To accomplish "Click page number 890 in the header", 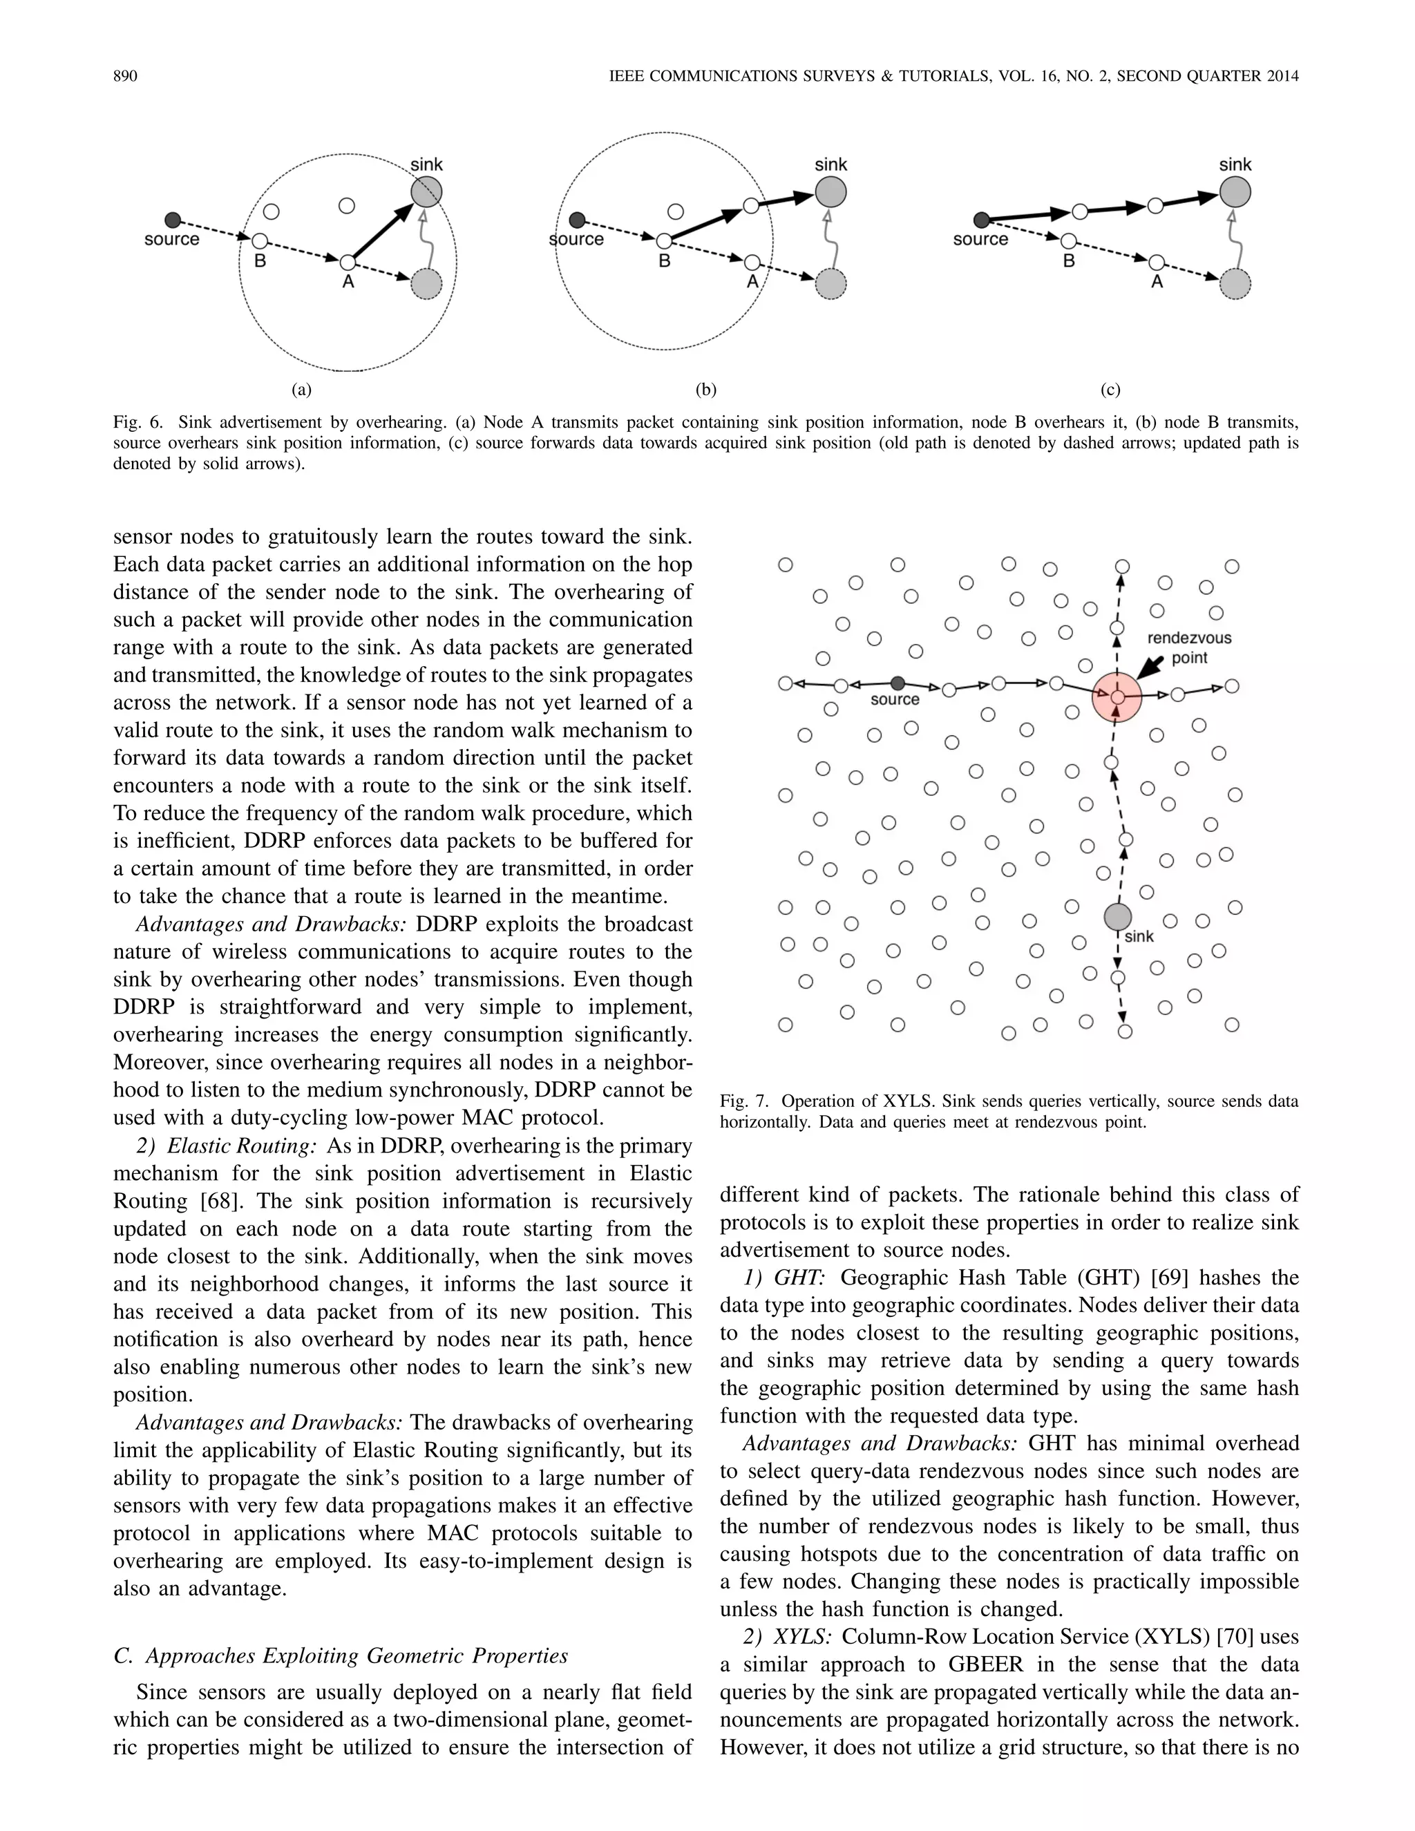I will click(125, 76).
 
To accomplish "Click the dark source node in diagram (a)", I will click(173, 220).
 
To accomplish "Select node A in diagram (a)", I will click(346, 262).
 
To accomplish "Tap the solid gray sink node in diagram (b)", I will click(830, 193).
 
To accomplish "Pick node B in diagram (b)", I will click(664, 241).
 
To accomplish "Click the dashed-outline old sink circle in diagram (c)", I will click(1235, 284).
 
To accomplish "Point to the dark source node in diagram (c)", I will click(982, 220).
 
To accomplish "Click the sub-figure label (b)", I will click(706, 390).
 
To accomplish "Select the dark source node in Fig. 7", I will click(898, 683).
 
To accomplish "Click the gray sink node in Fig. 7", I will click(1117, 917).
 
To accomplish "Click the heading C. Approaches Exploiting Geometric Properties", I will click(341, 1656).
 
